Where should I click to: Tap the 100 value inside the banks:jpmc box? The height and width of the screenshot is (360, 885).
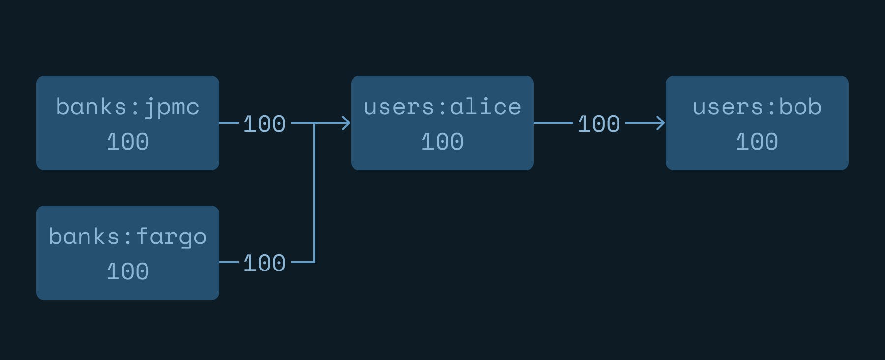click(x=128, y=142)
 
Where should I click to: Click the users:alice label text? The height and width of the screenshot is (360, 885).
click(x=442, y=107)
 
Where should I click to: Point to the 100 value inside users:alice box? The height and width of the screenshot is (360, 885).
click(x=442, y=142)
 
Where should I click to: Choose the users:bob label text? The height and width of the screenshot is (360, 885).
click(x=757, y=107)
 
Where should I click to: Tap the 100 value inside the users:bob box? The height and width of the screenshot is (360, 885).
click(x=757, y=142)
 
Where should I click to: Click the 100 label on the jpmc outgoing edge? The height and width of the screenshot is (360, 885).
click(x=265, y=124)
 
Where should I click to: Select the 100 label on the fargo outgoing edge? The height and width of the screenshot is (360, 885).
click(x=265, y=263)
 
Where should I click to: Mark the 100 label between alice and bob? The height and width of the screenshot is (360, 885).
click(x=599, y=124)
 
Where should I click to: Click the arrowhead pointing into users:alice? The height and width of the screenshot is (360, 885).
click(x=346, y=123)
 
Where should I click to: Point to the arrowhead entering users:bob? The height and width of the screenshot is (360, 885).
click(x=661, y=123)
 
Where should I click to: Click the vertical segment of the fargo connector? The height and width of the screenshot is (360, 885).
click(x=314, y=192)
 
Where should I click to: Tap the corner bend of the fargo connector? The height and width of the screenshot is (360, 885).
click(x=314, y=262)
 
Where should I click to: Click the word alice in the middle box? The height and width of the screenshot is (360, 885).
click(x=486, y=107)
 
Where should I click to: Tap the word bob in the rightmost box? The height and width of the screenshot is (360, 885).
click(x=800, y=107)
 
